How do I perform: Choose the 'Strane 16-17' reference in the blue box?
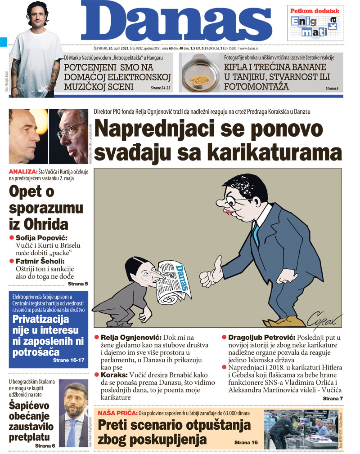pyautogui.click(x=69, y=360)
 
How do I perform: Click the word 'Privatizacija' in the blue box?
pyautogui.click(x=41, y=320)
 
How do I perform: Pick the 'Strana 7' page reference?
pyautogui.click(x=333, y=398)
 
